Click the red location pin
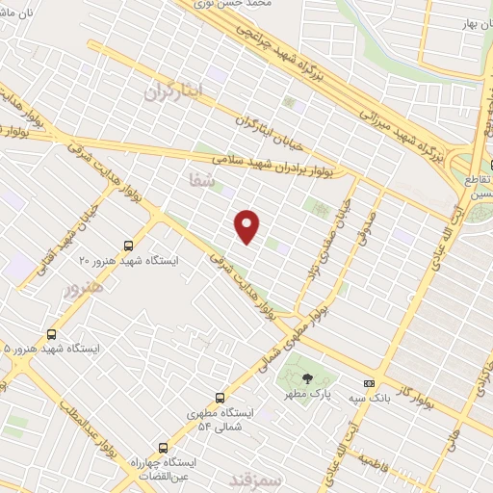pyautogui.click(x=247, y=225)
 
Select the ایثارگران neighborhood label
pyautogui.click(x=174, y=92)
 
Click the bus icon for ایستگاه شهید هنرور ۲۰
pyautogui.click(x=131, y=246)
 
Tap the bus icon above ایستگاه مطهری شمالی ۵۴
pyautogui.click(x=220, y=397)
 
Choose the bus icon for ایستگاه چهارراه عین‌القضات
pyautogui.click(x=163, y=447)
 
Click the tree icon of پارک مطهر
pyautogui.click(x=307, y=378)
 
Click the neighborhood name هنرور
pyautogui.click(x=84, y=294)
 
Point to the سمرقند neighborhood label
pyautogui.click(x=259, y=479)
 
